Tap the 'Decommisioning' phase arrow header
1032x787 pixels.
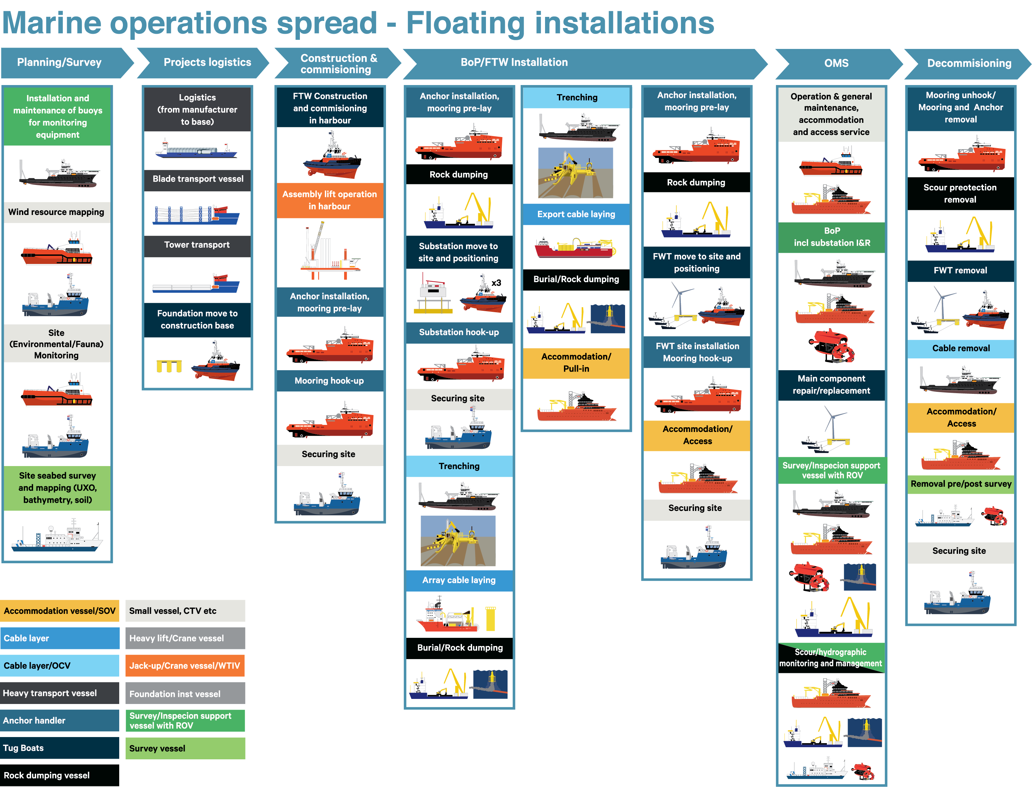[968, 63]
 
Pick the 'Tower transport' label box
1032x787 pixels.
[197, 245]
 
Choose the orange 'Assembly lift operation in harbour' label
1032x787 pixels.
[330, 200]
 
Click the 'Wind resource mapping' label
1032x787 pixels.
[57, 212]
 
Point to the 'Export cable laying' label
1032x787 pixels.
[576, 215]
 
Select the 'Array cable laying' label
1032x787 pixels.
[459, 580]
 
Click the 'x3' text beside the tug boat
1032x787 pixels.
[496, 283]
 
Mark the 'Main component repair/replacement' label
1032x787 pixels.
[831, 385]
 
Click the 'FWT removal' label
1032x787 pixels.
[961, 271]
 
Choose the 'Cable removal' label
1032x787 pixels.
[961, 349]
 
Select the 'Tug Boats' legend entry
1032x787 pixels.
[59, 748]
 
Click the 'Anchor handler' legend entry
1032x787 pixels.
[59, 721]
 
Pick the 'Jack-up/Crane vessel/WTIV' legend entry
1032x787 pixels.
[185, 666]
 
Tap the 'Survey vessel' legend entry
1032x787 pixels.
[185, 749]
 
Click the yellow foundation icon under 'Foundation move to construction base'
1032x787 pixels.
[169, 366]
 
